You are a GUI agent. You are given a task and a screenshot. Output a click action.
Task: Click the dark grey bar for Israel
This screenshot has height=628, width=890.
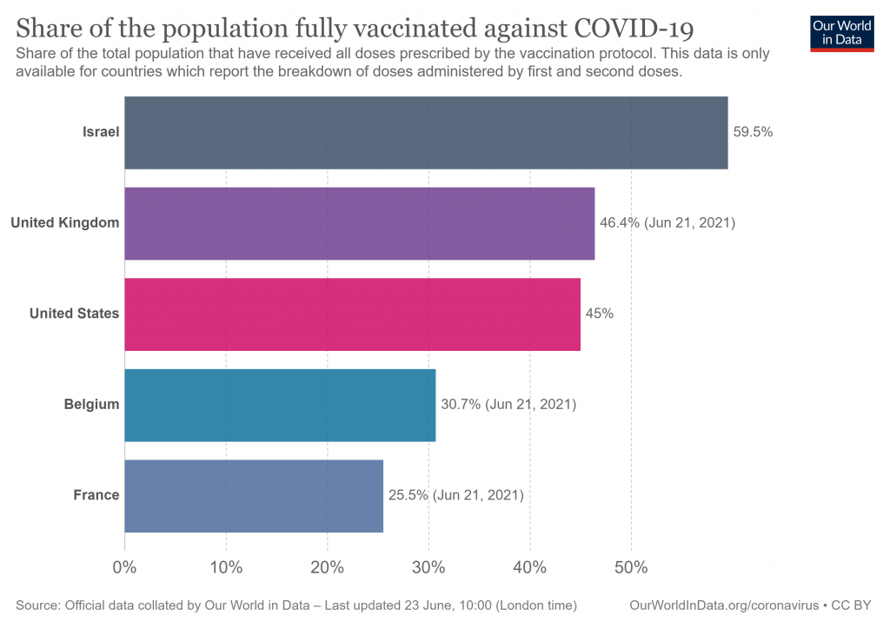(426, 132)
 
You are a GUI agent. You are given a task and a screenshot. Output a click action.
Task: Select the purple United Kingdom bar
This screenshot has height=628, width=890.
(359, 223)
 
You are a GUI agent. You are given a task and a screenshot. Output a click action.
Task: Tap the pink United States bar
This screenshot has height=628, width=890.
(352, 314)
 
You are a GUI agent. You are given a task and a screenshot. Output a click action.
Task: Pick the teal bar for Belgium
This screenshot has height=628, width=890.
(280, 405)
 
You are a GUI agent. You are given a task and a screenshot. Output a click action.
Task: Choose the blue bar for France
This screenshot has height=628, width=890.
(254, 495)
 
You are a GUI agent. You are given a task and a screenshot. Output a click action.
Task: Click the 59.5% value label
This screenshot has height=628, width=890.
(753, 133)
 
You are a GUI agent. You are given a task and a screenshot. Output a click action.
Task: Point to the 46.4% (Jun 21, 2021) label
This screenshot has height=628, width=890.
(667, 223)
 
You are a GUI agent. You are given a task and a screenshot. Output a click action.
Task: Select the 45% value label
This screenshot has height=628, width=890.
(599, 314)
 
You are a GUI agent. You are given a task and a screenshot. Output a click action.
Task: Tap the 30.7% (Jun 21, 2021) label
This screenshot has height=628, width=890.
(508, 405)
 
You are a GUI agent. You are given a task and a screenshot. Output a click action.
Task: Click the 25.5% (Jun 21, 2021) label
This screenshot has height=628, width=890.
(455, 495)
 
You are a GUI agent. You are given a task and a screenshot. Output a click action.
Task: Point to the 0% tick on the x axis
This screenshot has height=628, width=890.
(125, 568)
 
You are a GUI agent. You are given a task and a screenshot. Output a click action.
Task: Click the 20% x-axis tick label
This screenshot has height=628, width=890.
(328, 568)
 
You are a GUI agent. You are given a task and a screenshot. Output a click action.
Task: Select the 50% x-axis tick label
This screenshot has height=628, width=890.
(631, 568)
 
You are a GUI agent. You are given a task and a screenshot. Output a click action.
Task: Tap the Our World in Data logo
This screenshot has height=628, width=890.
(841, 33)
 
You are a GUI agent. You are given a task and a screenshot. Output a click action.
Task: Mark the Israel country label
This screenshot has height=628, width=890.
(101, 133)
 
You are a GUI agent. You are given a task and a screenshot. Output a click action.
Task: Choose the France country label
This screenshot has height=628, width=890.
(96, 495)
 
